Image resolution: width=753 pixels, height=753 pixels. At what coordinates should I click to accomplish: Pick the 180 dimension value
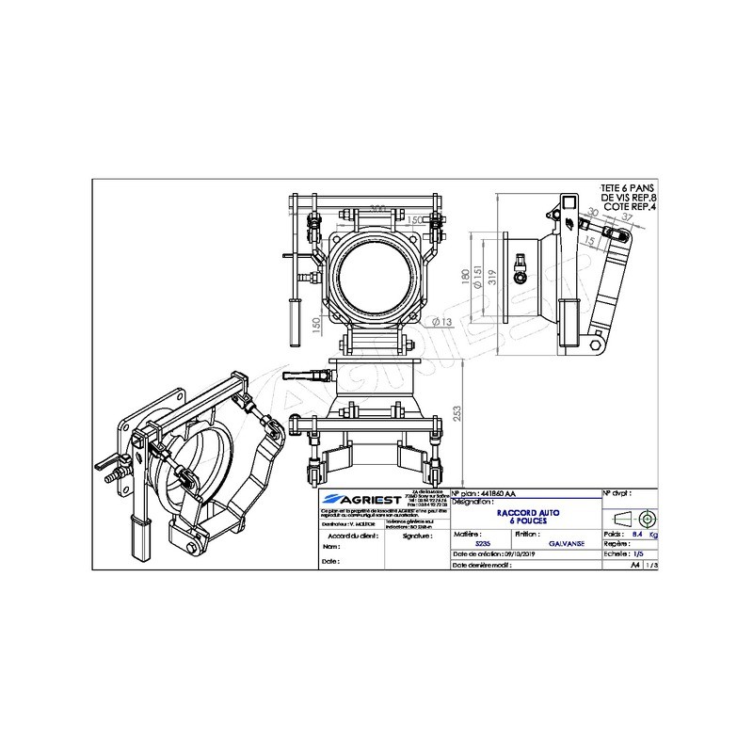[464, 279]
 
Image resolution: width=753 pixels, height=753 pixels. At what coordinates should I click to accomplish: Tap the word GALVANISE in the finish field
[565, 543]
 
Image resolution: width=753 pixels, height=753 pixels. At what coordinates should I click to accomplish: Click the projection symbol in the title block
[633, 519]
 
